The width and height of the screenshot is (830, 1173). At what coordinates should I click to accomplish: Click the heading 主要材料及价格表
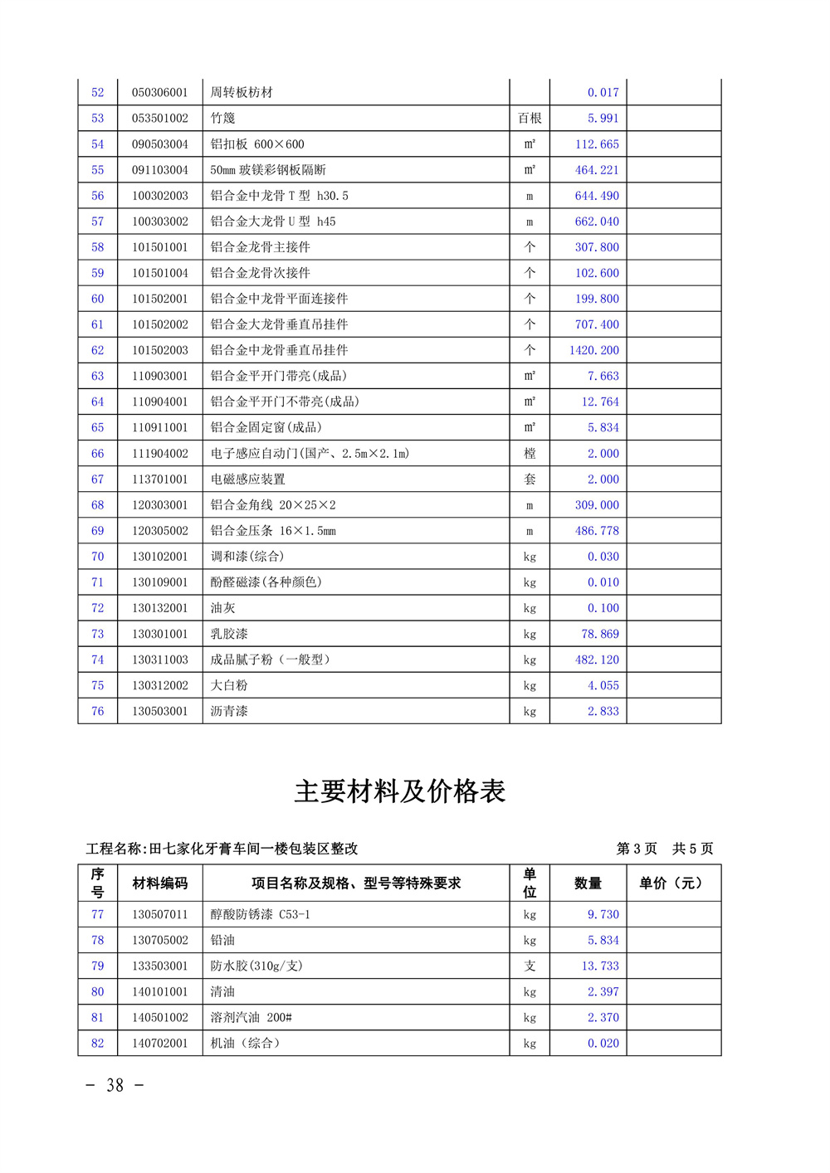[x=399, y=791]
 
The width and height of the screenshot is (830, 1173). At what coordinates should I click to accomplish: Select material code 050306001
[x=160, y=93]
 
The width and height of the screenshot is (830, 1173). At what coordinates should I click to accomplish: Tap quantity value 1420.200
[x=593, y=350]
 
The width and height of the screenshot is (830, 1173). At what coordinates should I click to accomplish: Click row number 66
[x=98, y=454]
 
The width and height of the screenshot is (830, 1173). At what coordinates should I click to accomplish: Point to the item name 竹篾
[x=223, y=119]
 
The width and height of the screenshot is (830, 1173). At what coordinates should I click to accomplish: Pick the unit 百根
[x=530, y=119]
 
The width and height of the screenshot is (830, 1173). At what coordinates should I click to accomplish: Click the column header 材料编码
[x=160, y=883]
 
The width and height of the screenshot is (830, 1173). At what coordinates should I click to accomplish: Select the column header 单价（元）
[x=673, y=883]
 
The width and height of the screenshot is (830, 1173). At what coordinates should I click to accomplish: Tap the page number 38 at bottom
[x=115, y=1085]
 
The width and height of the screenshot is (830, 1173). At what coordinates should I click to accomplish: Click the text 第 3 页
[x=637, y=849]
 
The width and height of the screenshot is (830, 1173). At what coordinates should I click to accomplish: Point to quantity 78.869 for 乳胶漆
[x=599, y=634]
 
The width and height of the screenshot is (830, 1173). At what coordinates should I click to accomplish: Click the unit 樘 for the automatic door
[x=530, y=454]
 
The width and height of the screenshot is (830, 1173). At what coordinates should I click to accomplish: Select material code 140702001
[x=160, y=1044]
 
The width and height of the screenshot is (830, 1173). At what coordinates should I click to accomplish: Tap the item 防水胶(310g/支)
[x=256, y=966]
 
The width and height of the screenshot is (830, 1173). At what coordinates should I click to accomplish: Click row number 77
[x=98, y=915]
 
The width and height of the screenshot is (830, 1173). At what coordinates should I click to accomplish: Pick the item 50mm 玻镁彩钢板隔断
[x=268, y=170]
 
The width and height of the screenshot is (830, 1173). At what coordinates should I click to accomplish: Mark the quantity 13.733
[x=599, y=966]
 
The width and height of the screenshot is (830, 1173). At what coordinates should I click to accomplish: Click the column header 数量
[x=588, y=883]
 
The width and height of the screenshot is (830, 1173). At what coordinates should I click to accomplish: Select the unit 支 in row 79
[x=530, y=966]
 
